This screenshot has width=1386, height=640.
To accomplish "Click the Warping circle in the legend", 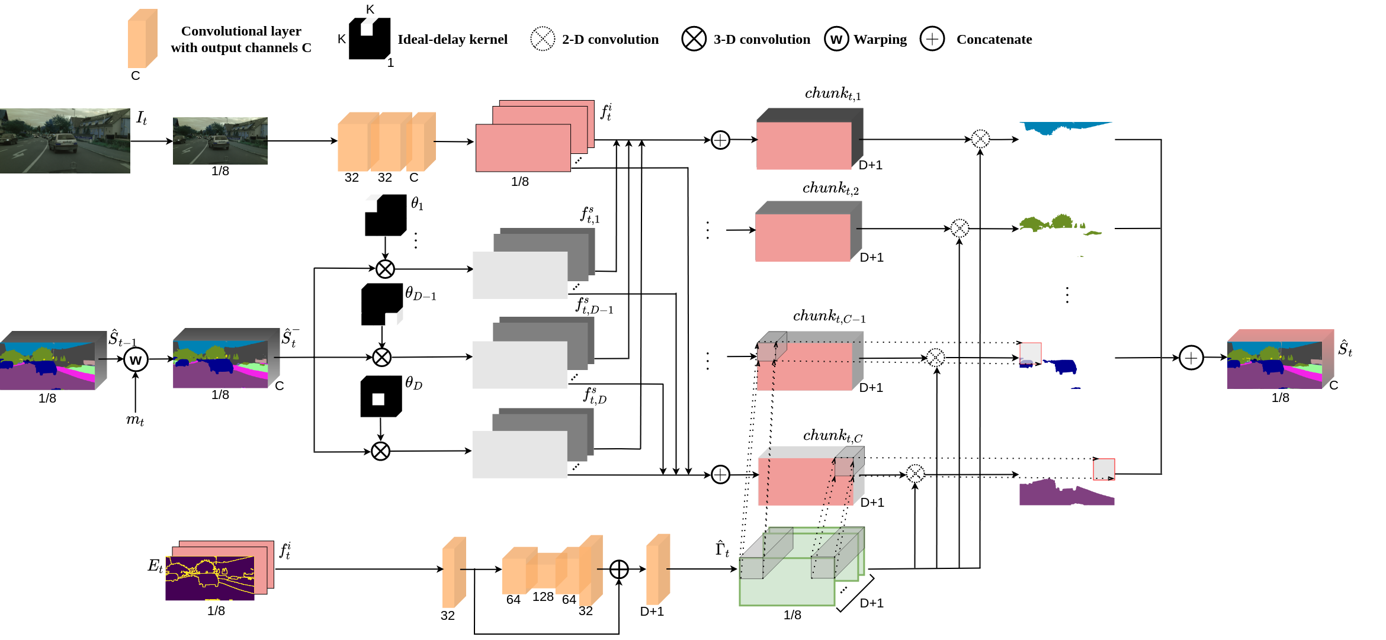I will tap(836, 39).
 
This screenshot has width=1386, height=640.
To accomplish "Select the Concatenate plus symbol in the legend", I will tap(932, 39).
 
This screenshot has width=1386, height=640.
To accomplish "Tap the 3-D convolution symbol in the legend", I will tap(694, 39).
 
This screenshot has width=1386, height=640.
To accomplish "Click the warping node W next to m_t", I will tap(136, 359).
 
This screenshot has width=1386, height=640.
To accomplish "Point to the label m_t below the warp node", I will tap(135, 420).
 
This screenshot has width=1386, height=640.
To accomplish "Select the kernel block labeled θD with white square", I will tap(380, 397).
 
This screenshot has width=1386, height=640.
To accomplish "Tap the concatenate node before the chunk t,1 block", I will tap(720, 140).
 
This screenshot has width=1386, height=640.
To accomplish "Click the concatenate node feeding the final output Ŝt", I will tap(1191, 358).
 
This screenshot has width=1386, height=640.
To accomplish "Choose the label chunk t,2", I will tap(830, 188).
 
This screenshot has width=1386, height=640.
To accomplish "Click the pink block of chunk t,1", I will tap(804, 146).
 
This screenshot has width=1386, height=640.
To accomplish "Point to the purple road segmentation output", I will tap(1066, 494).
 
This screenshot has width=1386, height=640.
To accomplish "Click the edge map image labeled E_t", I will tap(210, 578).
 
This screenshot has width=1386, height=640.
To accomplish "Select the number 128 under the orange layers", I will tap(543, 597).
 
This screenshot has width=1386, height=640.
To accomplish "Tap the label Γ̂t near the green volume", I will tap(722, 549).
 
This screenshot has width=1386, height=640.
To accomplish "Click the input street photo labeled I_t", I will tap(65, 141).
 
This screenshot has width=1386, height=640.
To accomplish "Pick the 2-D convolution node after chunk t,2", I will tap(960, 228).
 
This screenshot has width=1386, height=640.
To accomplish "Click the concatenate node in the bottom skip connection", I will tap(619, 569).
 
